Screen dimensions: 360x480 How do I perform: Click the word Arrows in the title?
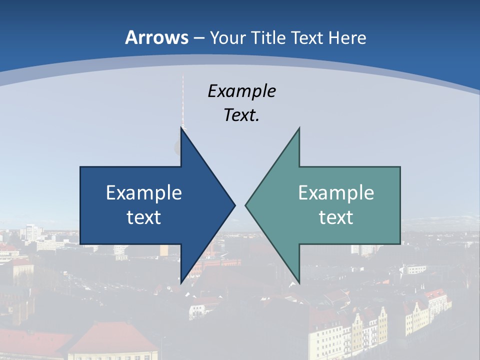pos(156,37)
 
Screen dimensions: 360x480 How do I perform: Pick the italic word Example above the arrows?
pos(241,91)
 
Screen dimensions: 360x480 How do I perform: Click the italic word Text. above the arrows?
pos(241,115)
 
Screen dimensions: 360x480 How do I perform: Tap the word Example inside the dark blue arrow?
pos(144,193)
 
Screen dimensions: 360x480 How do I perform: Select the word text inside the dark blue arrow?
pos(144,217)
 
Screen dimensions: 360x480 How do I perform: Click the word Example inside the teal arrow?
pos(336,193)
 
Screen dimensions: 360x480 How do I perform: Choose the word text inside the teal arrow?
pos(336,217)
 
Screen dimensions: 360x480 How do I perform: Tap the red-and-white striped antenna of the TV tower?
pos(183,100)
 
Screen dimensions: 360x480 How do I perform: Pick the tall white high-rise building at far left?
pos(30,231)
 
